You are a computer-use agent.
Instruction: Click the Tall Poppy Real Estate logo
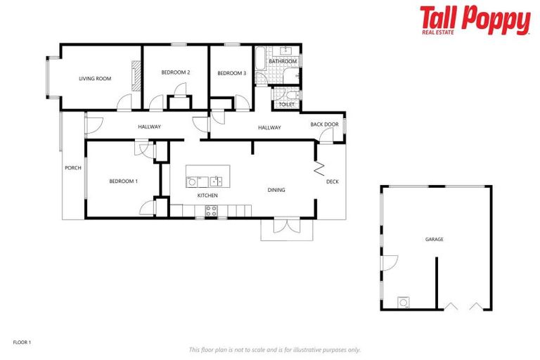click(x=475, y=20)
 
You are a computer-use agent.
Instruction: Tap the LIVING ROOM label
click(x=95, y=79)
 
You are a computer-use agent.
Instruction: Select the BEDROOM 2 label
click(x=175, y=72)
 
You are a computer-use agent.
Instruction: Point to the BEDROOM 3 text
click(x=231, y=73)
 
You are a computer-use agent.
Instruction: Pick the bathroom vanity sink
click(x=287, y=51)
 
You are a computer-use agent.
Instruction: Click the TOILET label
click(x=286, y=105)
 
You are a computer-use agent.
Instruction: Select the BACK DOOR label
click(x=324, y=124)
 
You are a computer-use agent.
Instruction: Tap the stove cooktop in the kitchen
click(x=211, y=210)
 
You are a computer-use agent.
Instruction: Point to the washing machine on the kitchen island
click(x=192, y=181)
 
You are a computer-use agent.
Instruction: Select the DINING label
click(x=276, y=190)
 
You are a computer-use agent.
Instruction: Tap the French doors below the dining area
click(x=286, y=226)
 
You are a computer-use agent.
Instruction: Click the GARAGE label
click(x=434, y=240)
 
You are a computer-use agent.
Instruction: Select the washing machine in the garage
click(x=404, y=303)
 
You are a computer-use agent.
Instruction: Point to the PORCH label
click(x=72, y=168)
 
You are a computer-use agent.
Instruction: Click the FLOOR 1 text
click(x=22, y=342)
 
